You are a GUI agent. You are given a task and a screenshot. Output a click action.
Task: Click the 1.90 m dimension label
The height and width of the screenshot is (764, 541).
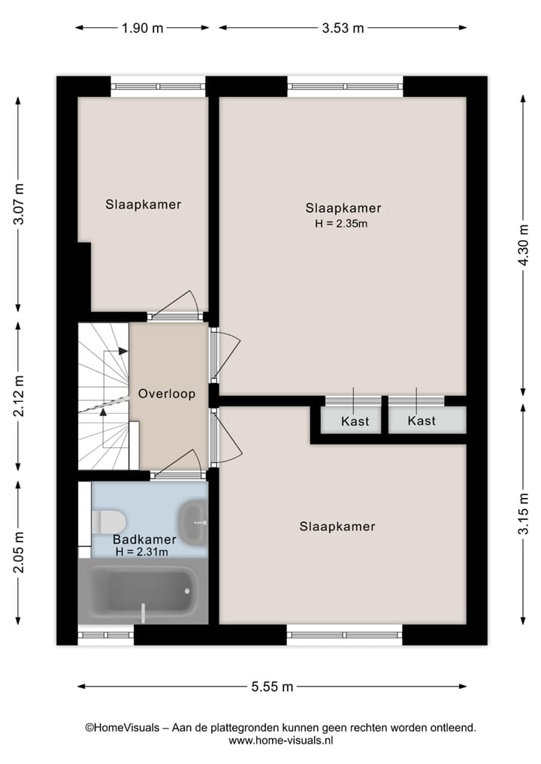point(142,29)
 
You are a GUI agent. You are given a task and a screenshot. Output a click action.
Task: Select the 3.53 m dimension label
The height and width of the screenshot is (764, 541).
point(343,29)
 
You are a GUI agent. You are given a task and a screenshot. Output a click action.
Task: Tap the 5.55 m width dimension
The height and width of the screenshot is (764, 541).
point(272,686)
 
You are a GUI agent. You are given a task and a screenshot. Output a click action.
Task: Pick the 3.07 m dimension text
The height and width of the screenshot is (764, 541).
point(20,204)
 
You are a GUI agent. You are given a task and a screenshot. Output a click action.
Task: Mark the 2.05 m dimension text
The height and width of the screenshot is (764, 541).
point(20,553)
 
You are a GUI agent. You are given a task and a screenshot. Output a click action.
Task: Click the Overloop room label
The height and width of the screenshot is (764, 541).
point(167,394)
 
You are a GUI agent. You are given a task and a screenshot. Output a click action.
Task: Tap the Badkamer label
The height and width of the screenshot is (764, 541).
point(144,539)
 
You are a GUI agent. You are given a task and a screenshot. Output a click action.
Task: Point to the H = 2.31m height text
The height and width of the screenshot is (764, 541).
point(142,552)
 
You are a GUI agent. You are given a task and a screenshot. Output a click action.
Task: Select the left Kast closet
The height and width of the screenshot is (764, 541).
point(355,421)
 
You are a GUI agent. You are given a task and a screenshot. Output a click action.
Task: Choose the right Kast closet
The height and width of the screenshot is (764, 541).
point(422,421)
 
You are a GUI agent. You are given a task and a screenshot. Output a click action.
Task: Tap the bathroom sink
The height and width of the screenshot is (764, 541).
point(194,519)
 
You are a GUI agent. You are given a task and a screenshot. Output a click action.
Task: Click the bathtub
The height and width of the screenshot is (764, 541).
point(143,590)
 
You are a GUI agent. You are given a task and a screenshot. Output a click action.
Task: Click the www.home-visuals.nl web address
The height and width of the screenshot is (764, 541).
point(280,740)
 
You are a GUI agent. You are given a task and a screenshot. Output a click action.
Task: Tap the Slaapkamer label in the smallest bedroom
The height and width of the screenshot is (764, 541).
point(143,204)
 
